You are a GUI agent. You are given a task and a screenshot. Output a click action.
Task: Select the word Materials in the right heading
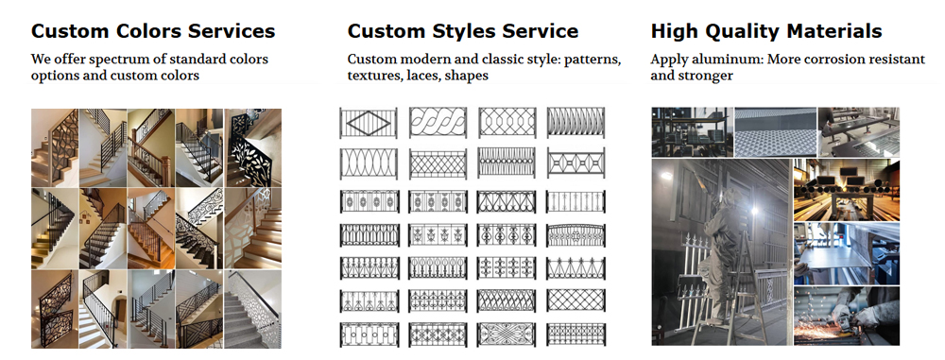click(x=834, y=31)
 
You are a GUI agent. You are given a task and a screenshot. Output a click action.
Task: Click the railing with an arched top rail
click(x=575, y=233)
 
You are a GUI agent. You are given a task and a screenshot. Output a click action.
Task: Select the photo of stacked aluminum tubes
click(x=846, y=189)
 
